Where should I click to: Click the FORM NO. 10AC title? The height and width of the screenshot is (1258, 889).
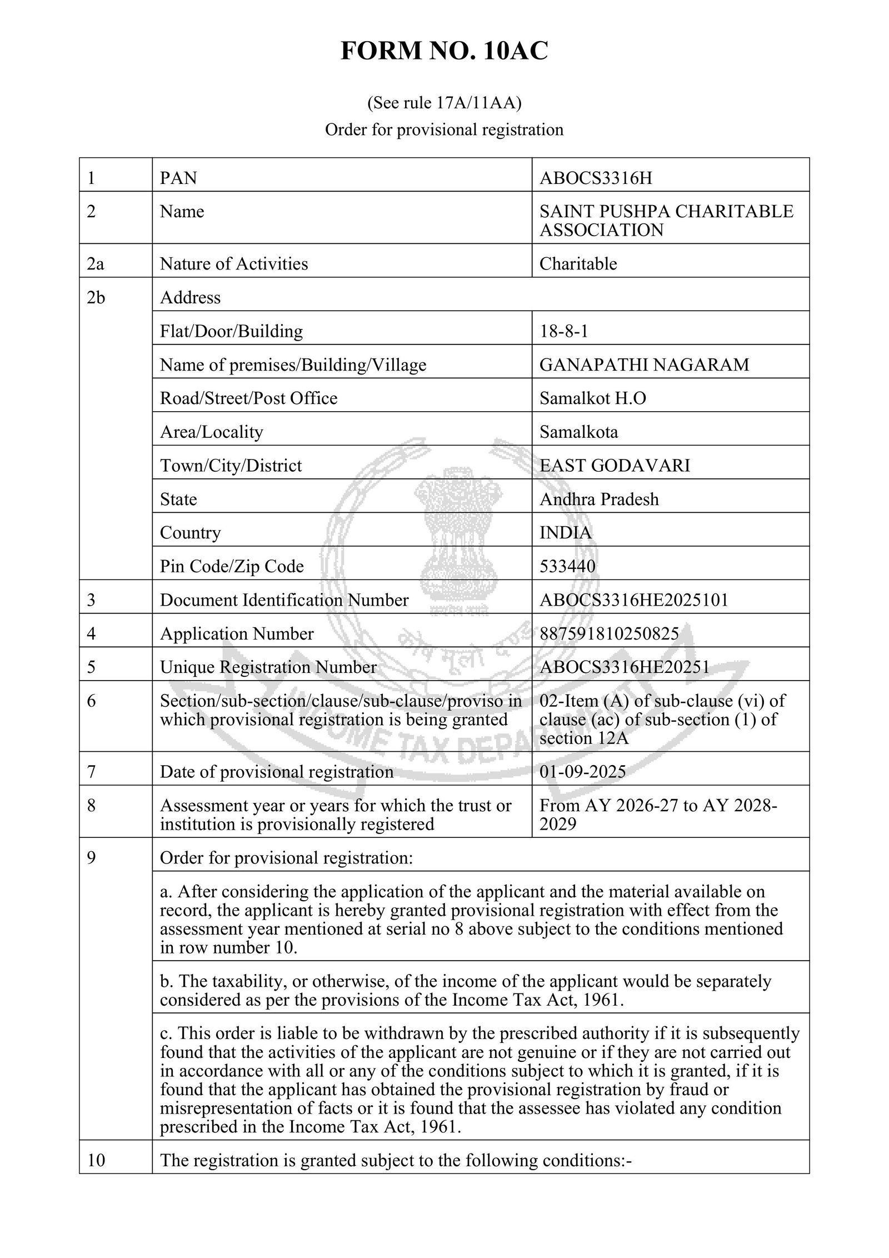pos(444,51)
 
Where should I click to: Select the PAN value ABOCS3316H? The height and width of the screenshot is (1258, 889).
pos(596,178)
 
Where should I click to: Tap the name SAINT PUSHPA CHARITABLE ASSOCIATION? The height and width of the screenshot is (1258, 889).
pos(666,221)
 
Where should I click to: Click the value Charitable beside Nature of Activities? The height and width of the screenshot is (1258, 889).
pos(578,263)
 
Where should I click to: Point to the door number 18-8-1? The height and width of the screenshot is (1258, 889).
pos(563,331)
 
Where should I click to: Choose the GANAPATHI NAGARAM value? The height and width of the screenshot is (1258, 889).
pos(644,365)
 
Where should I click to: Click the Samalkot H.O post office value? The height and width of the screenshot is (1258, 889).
pos(592,398)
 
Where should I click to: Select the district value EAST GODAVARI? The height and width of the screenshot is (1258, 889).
pos(615,465)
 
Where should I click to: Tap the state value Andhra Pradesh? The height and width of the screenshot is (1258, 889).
pos(599,499)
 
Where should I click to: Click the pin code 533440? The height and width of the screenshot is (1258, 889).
pos(567,566)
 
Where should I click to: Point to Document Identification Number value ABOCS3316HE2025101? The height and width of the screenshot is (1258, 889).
pos(633,600)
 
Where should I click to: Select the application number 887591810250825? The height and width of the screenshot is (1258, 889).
pos(609,633)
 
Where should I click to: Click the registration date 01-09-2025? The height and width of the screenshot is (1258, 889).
pos(582,771)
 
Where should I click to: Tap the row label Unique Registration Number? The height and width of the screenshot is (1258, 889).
pos(268,667)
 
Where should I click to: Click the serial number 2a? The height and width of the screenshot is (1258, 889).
pos(96,263)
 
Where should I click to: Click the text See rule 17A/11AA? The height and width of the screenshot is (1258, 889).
pos(444,103)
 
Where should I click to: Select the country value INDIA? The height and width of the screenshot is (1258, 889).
pos(566,532)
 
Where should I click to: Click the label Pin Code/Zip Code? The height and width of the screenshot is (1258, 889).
pos(232,566)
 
